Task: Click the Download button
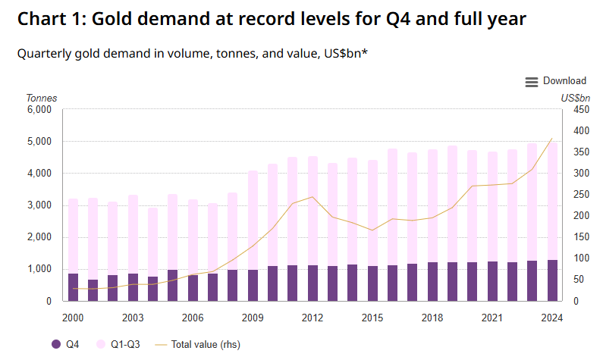[564, 81]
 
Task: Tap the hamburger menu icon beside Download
[532, 82]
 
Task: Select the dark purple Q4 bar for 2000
[73, 287]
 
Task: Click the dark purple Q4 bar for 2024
[552, 280]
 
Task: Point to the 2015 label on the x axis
[372, 318]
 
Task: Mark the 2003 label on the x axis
[133, 318]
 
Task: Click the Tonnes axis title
[42, 98]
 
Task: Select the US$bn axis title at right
[576, 98]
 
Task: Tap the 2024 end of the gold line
[551, 139]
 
